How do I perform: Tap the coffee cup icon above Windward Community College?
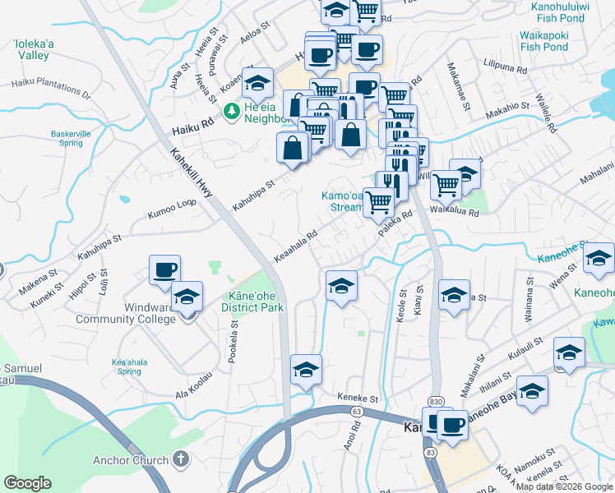(164, 270)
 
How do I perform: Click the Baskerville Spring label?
(56, 137)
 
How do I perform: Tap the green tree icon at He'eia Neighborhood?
(233, 110)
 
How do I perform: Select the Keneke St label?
(357, 398)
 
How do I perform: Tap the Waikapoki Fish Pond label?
(552, 41)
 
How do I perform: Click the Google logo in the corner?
(28, 482)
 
